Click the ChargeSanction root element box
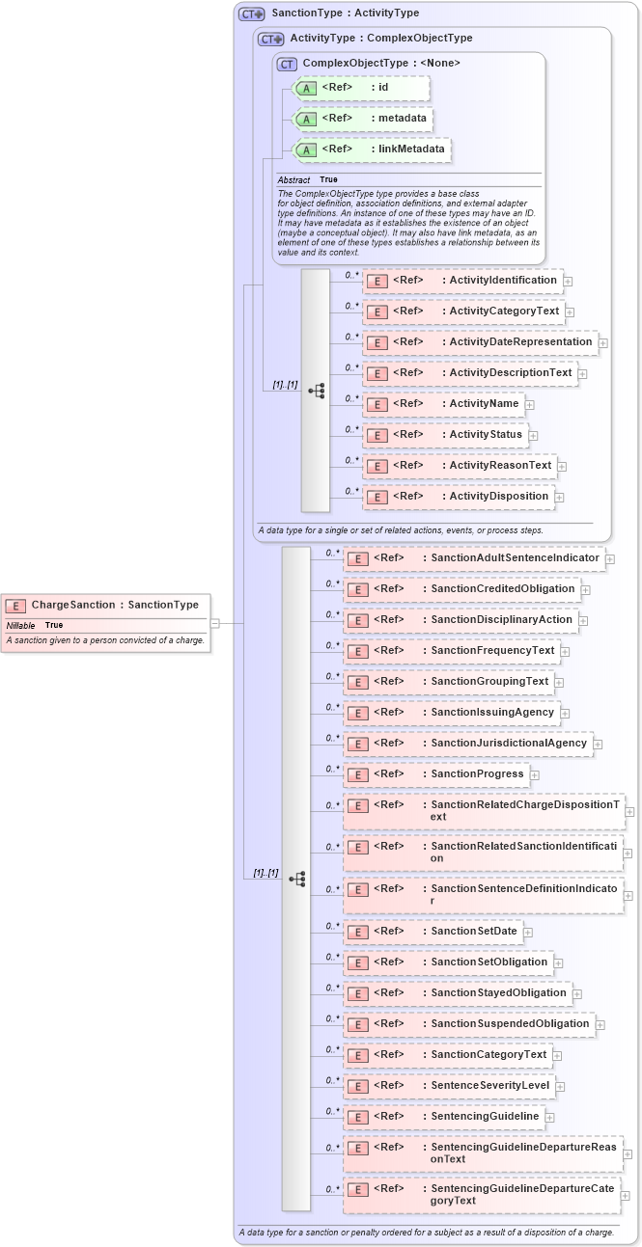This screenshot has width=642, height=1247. pos(106,605)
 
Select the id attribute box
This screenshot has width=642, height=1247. pos(360,88)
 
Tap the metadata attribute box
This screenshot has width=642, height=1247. pos(363,119)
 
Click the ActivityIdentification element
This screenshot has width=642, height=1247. pos(462,281)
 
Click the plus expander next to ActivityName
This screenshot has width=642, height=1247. pos(530,405)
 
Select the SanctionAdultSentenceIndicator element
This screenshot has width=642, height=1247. pos(473,557)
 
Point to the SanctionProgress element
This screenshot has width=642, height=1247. pos(435,773)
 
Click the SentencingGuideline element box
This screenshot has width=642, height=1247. pos(443,1116)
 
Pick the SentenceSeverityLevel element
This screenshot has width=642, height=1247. pos(449,1085)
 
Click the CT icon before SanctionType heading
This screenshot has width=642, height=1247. pos(252,14)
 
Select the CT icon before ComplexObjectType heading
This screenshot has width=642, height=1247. pos(287,64)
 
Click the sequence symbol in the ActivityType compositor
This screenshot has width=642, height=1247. pos(316,391)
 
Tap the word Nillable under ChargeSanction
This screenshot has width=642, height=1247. pos(20,625)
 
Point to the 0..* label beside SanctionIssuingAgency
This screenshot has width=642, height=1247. pos(332,707)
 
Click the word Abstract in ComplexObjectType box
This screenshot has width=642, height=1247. pos(293,180)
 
